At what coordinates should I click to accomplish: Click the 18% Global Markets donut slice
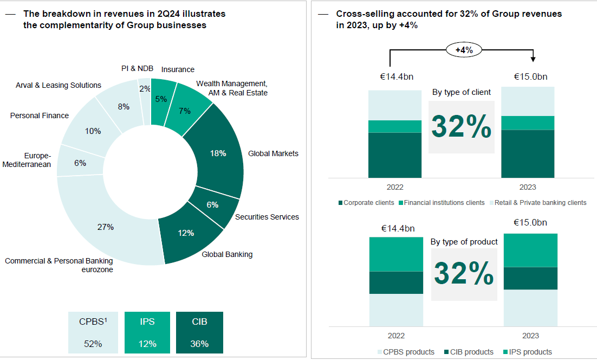[x=218, y=153]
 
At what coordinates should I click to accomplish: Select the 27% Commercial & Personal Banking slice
[x=106, y=227]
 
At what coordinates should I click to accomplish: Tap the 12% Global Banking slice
[x=185, y=233]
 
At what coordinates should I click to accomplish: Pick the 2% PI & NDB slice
[x=145, y=89]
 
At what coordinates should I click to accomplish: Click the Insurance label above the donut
[x=178, y=69]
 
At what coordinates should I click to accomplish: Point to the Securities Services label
[x=267, y=217]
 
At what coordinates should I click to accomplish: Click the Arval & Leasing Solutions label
[x=59, y=85]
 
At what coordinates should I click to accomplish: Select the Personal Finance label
[x=40, y=115]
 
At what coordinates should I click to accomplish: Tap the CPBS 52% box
[x=93, y=332]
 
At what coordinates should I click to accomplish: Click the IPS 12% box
[x=147, y=332]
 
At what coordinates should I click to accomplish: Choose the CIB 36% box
[x=199, y=332]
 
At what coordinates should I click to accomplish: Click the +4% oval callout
[x=464, y=50]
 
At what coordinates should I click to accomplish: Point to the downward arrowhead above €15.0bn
[x=533, y=59]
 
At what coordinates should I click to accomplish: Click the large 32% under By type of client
[x=462, y=126]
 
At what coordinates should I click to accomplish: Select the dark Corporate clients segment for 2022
[x=395, y=155]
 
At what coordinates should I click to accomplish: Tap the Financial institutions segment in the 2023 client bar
[x=528, y=123]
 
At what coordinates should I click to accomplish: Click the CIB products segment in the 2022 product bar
[x=396, y=282]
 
